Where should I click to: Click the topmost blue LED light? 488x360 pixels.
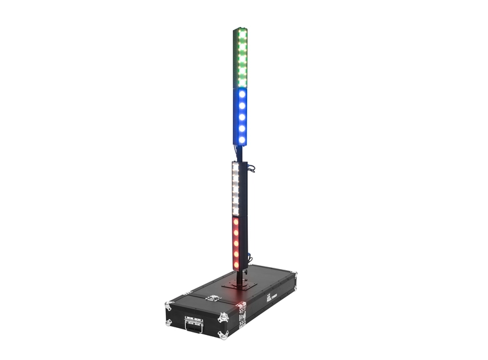point(241,94)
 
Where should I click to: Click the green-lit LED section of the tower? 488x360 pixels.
point(241,58)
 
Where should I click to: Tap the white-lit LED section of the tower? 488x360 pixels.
point(236,189)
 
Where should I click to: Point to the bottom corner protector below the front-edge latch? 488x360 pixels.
point(222,335)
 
